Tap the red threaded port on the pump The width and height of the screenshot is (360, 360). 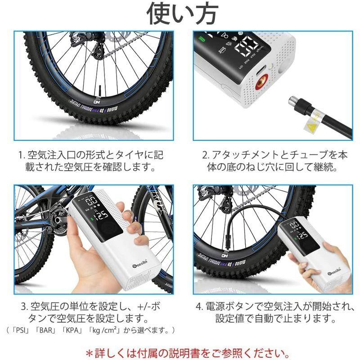tap(260, 84)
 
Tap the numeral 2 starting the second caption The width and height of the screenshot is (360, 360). tap(205, 155)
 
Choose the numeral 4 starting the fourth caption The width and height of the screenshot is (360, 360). tap(198, 307)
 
